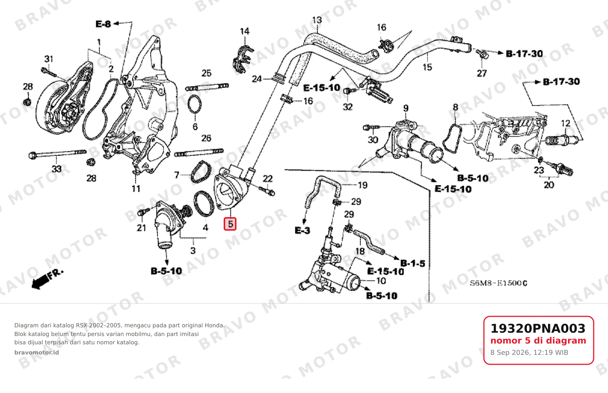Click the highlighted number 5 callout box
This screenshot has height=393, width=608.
point(230,224)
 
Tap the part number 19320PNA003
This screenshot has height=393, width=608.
point(538,328)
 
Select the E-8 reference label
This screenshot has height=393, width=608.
point(103,24)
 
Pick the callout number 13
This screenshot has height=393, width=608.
point(317,20)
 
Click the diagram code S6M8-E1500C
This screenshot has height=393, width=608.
point(498,283)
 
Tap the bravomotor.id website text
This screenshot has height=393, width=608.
point(37,353)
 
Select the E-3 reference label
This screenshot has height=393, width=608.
point(302,231)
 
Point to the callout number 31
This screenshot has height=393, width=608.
point(49,59)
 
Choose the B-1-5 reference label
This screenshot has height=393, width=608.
point(413,264)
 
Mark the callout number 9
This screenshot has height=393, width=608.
point(406,108)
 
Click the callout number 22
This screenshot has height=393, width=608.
point(268,179)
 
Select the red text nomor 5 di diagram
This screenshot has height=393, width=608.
point(538,341)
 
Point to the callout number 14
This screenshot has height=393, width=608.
point(244,31)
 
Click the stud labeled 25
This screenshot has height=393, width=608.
point(207,87)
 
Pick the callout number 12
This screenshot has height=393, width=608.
point(566,123)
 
